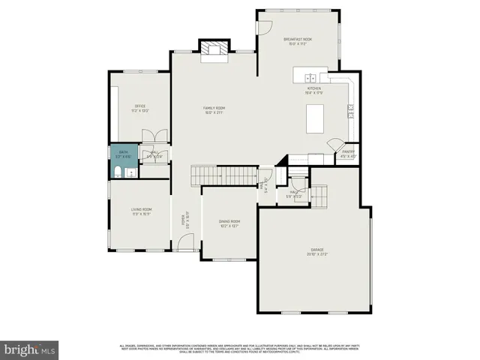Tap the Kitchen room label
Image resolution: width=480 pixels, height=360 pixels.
point(313,91)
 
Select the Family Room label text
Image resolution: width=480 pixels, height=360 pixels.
point(214,110)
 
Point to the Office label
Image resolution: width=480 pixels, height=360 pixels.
point(140,108)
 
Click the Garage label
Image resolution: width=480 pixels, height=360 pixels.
point(317,251)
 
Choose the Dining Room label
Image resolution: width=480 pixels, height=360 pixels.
point(229,223)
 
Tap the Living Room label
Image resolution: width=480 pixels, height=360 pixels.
point(142,211)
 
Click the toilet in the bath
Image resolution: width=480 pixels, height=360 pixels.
point(119,172)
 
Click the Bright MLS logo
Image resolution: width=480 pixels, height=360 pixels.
point(29,349)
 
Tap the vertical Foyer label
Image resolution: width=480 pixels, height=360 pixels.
point(182,221)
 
